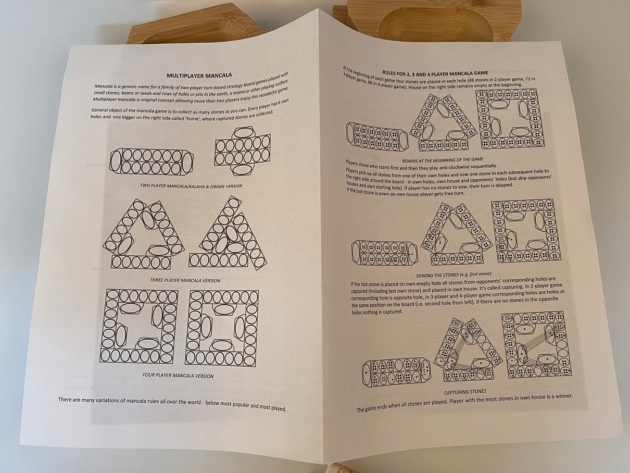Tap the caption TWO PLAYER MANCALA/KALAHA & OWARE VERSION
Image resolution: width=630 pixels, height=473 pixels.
(191, 186)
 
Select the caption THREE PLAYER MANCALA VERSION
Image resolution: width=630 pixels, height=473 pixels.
(185, 280)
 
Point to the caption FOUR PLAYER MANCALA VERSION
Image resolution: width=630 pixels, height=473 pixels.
(178, 375)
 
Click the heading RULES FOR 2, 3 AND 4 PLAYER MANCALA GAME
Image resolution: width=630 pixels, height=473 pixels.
(435, 72)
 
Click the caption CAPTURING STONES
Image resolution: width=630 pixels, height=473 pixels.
(465, 392)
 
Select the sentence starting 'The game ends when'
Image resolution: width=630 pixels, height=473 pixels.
(464, 403)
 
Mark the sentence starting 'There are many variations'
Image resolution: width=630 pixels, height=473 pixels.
(172, 404)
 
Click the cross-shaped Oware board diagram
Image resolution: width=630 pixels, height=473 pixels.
(243, 154)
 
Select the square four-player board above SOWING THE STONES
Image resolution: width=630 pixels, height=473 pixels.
(522, 230)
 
